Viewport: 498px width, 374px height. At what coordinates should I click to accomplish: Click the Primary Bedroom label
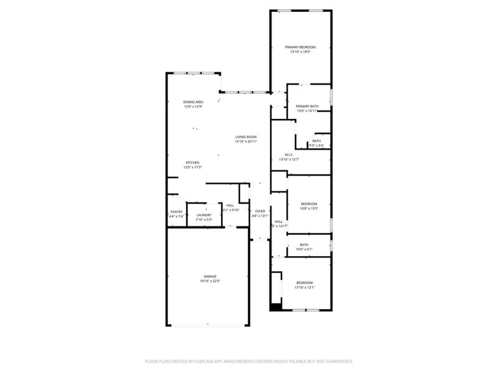(x=300, y=47)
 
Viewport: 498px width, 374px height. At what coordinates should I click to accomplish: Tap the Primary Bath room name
(x=307, y=107)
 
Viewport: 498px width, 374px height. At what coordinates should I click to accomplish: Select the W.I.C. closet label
(x=289, y=155)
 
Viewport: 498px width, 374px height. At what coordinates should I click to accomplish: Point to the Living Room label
(x=246, y=137)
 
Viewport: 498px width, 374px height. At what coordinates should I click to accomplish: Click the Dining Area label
(x=193, y=102)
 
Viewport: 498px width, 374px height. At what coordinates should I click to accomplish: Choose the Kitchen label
(x=192, y=163)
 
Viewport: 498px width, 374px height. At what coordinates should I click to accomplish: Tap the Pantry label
(x=176, y=212)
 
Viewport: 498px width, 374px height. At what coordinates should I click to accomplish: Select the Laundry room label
(x=204, y=215)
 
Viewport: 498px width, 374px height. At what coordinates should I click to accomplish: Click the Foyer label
(x=260, y=211)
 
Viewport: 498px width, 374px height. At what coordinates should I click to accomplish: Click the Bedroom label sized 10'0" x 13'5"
(x=309, y=204)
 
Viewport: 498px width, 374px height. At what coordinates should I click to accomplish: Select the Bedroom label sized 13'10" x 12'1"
(x=304, y=282)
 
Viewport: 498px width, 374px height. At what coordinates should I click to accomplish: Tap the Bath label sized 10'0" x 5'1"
(x=304, y=245)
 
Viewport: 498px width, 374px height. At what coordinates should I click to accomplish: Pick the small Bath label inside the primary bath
(x=317, y=141)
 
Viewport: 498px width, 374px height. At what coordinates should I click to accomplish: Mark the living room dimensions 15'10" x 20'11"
(x=246, y=142)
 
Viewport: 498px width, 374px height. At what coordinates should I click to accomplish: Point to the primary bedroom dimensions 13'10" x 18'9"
(x=300, y=52)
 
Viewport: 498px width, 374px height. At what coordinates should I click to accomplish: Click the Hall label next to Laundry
(x=230, y=205)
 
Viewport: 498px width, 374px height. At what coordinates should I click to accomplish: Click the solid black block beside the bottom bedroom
(x=275, y=307)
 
